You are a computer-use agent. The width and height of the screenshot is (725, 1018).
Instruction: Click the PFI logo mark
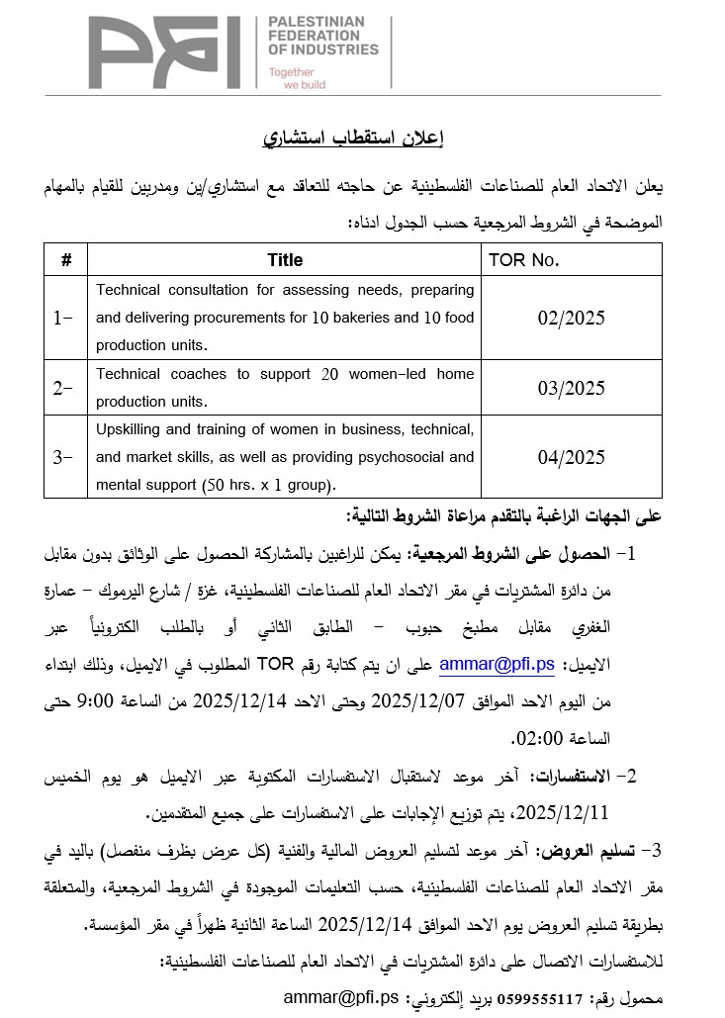(163, 51)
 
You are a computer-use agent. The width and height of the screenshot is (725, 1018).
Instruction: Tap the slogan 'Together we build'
(297, 78)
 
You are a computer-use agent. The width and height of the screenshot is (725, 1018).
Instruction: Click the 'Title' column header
(285, 260)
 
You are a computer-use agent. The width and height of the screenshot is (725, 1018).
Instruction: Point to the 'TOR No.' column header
(525, 260)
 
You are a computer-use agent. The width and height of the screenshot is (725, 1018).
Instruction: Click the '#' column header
(66, 260)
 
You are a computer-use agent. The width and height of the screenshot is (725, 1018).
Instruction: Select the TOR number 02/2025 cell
(571, 318)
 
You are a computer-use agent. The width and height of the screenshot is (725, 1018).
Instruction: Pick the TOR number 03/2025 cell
(571, 388)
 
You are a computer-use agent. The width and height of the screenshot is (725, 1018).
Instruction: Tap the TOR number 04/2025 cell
(571, 457)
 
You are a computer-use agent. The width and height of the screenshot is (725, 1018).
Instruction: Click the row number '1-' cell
(63, 318)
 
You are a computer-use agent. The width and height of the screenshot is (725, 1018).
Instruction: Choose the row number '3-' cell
(63, 457)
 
